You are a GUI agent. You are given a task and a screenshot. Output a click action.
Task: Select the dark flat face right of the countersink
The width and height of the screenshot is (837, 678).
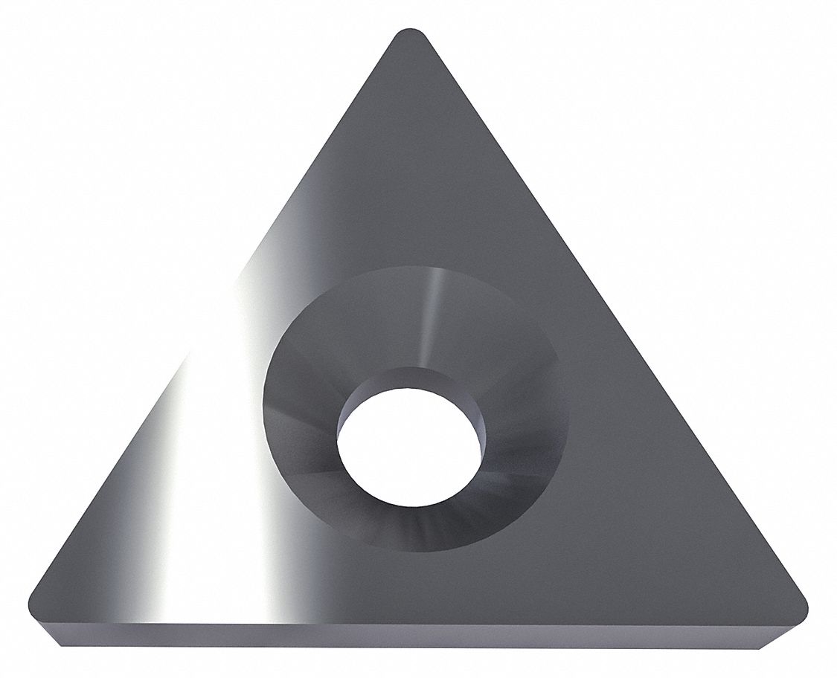[655, 476]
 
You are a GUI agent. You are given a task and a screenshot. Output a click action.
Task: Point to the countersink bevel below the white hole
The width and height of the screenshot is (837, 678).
[414, 524]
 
